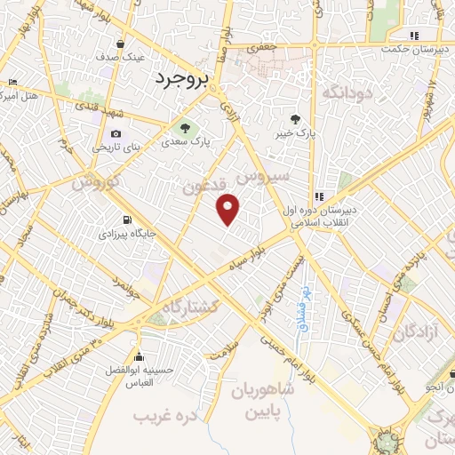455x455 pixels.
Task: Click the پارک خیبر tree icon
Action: pyautogui.click(x=296, y=118)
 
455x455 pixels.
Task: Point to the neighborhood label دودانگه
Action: pyautogui.click(x=344, y=92)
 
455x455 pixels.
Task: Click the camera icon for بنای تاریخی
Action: pyautogui.click(x=116, y=133)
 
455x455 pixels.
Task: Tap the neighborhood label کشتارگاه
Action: pyautogui.click(x=189, y=307)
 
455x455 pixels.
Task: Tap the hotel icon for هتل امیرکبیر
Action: pyautogui.click(x=11, y=84)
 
